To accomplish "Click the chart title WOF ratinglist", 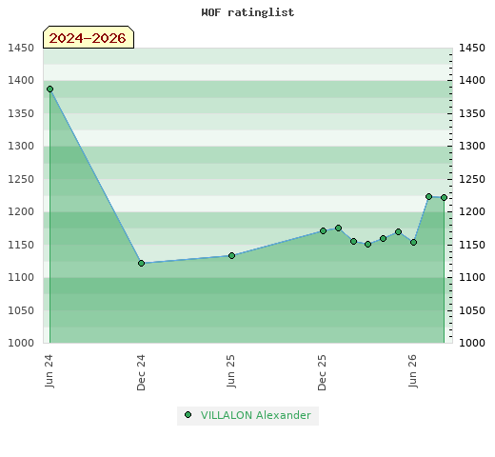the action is pyautogui.click(x=247, y=12).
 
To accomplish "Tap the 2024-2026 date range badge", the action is pyautogui.click(x=89, y=37).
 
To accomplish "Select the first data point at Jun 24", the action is pyautogui.click(x=49, y=89).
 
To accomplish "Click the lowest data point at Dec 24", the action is pyautogui.click(x=142, y=263).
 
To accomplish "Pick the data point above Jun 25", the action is pyautogui.click(x=231, y=255).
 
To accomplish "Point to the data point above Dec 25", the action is pyautogui.click(x=323, y=230).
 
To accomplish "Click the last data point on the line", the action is pyautogui.click(x=444, y=197).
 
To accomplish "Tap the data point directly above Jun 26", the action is pyautogui.click(x=413, y=242).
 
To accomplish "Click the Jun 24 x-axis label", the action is pyautogui.click(x=49, y=371).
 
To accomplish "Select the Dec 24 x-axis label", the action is pyautogui.click(x=141, y=372).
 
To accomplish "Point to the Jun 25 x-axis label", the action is pyautogui.click(x=230, y=371).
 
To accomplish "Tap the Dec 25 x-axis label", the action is pyautogui.click(x=322, y=372).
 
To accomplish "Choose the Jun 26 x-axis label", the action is pyautogui.click(x=412, y=371).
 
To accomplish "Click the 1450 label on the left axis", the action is pyautogui.click(x=21, y=48).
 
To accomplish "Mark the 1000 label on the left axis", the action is pyautogui.click(x=21, y=343).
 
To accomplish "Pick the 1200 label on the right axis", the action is pyautogui.click(x=472, y=211).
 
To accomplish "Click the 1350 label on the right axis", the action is pyautogui.click(x=472, y=113).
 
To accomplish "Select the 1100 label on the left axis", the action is pyautogui.click(x=21, y=277).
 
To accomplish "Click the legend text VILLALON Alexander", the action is pyautogui.click(x=256, y=415).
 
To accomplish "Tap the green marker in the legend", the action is pyautogui.click(x=188, y=415).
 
